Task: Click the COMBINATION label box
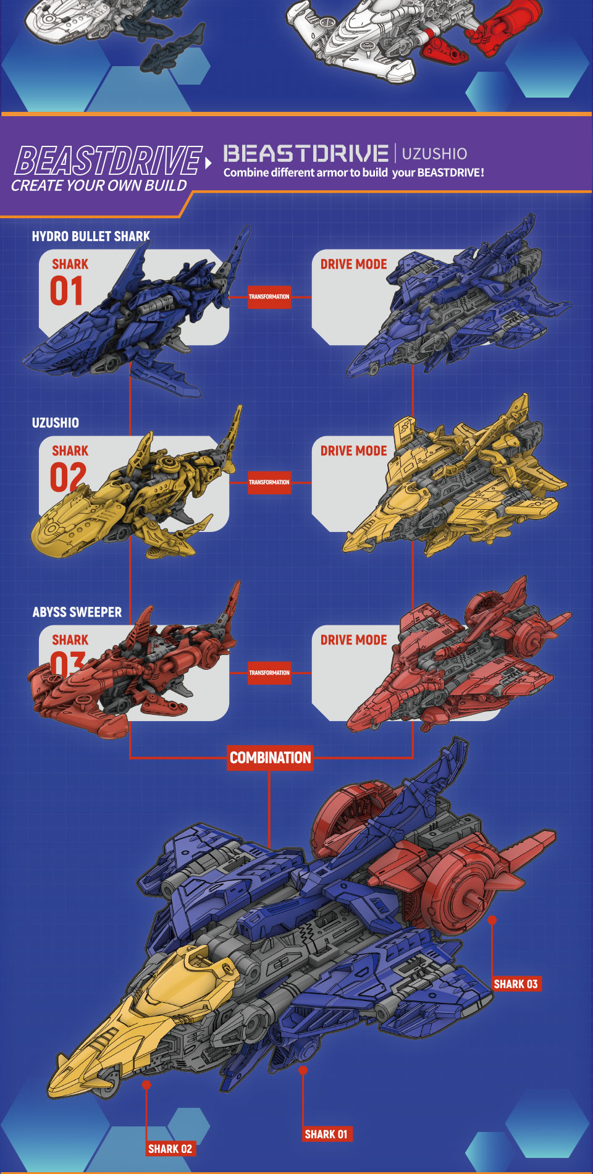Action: click(271, 758)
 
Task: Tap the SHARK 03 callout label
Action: click(516, 984)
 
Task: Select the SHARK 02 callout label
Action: click(170, 1149)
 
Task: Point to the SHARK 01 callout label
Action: click(326, 1134)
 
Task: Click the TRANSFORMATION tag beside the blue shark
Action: click(269, 297)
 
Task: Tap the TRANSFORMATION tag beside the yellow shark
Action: click(269, 482)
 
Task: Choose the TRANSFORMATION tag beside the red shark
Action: click(269, 672)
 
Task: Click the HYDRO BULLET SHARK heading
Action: click(91, 236)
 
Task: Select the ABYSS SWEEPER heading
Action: click(77, 612)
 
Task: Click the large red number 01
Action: click(66, 291)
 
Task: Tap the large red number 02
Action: click(67, 477)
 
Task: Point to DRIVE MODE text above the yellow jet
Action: click(353, 451)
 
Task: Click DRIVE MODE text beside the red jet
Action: click(353, 640)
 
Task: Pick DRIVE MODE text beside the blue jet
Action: click(353, 264)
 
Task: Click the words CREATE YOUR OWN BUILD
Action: click(99, 185)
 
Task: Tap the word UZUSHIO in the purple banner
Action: click(434, 153)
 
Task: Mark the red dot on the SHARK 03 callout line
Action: click(492, 920)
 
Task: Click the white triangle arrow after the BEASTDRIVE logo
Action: click(209, 163)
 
